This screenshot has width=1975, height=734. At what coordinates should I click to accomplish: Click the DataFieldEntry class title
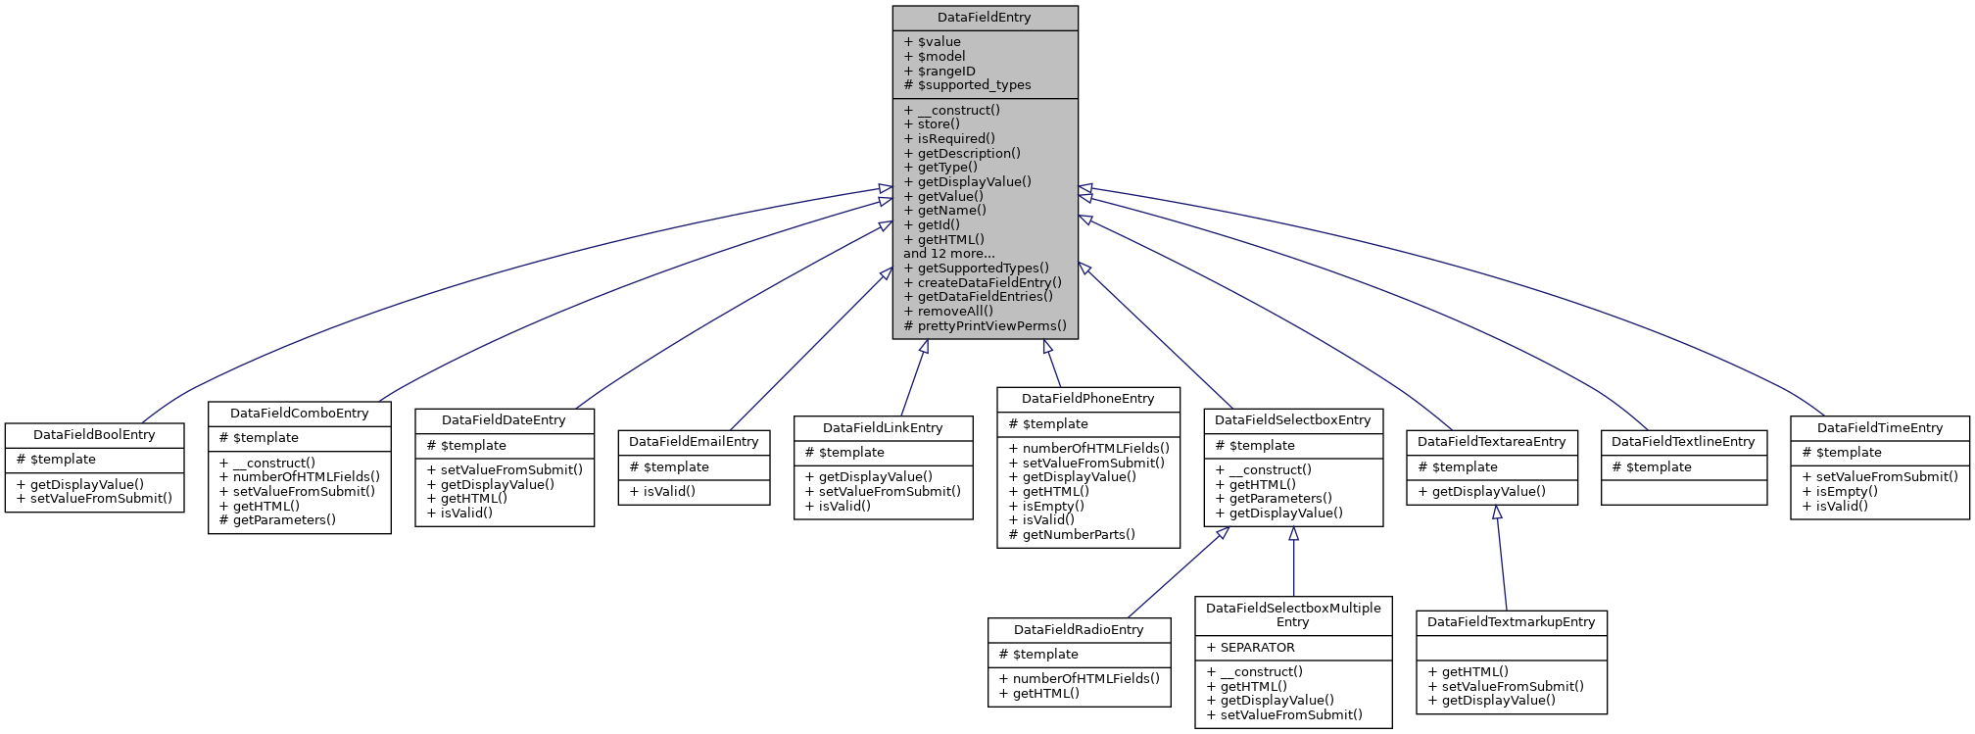point(984,18)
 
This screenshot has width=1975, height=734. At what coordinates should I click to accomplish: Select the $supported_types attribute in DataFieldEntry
point(967,85)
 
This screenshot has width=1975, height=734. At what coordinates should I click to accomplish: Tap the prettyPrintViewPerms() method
point(985,325)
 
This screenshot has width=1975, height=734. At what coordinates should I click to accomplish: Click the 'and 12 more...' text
point(948,253)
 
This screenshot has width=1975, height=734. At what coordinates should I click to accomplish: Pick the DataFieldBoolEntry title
point(94,435)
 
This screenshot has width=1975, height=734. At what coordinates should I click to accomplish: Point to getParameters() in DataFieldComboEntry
point(277,519)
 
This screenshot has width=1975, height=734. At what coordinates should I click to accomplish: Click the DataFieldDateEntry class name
point(504,420)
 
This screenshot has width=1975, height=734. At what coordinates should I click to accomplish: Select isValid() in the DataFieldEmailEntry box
point(662,491)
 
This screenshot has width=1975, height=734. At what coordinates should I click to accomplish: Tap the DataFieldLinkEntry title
point(883,428)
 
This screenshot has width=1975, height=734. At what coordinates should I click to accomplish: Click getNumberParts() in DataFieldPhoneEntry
point(1072,534)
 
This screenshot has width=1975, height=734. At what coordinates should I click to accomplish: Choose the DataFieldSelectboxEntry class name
point(1292,420)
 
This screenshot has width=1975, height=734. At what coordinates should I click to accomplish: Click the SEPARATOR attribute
point(1251,648)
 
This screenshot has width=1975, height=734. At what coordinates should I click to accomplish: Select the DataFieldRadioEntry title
point(1079,630)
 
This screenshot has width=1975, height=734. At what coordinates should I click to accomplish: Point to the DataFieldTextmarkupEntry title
point(1511,622)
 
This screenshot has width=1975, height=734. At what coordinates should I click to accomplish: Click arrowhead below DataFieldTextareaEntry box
point(1497,513)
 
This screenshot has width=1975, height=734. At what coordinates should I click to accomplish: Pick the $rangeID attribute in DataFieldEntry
point(939,71)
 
